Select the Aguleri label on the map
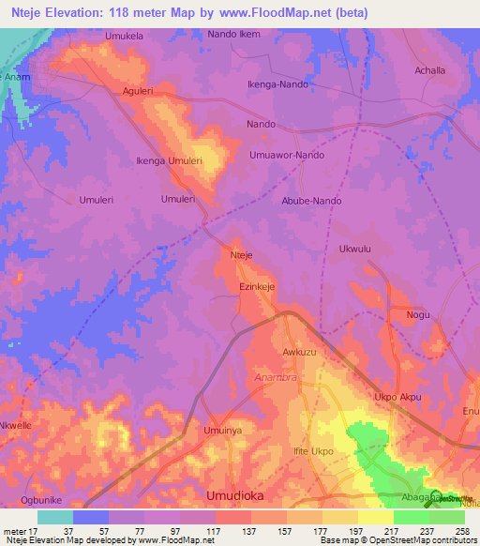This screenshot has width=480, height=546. pos(138,91)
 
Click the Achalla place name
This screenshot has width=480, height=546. pos(430,70)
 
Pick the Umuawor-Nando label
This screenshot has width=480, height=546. pos(287,154)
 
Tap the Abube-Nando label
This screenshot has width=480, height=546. pos(311,201)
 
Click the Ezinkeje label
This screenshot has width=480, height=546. pos(257,287)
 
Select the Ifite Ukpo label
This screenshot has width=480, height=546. pos(314,451)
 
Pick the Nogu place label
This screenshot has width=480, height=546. pos(418,314)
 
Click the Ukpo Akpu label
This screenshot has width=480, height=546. pos(397,398)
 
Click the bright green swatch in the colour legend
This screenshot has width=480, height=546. pos(411,517)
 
